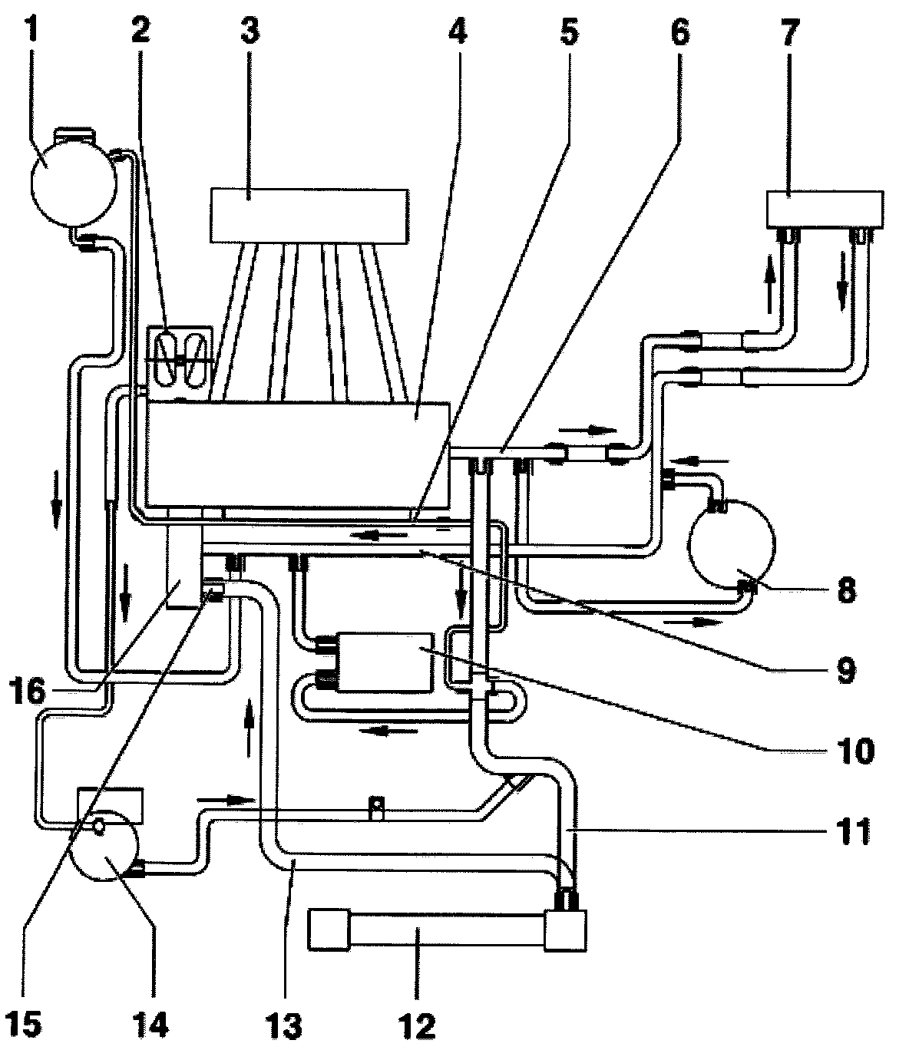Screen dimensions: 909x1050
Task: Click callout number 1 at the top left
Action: pyautogui.click(x=32, y=30)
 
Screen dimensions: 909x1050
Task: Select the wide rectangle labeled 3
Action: pyautogui.click(x=309, y=216)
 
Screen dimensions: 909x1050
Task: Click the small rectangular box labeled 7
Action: pyautogui.click(x=824, y=210)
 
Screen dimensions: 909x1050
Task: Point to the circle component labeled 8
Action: pyautogui.click(x=732, y=545)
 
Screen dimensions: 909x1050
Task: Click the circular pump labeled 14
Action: pyautogui.click(x=104, y=845)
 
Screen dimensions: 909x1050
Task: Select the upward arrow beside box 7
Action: pyautogui.click(x=770, y=285)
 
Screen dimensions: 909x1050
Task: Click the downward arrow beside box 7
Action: pyautogui.click(x=842, y=282)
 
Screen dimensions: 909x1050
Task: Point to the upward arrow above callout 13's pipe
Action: pyautogui.click(x=249, y=728)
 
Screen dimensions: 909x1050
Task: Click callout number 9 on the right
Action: pyautogui.click(x=845, y=671)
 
